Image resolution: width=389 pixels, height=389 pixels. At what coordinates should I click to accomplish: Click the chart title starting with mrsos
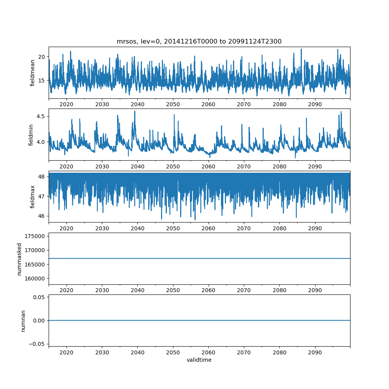coord(199,41)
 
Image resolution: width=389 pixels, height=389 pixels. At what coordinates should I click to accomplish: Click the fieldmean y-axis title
coord(33,73)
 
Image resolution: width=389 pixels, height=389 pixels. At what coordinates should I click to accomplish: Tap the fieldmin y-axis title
coord(31,135)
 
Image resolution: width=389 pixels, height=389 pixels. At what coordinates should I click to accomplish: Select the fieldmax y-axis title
coord(33,197)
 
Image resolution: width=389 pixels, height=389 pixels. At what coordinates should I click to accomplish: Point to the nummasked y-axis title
coord(19,259)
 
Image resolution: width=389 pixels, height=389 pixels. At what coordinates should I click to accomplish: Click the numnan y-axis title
coord(23,321)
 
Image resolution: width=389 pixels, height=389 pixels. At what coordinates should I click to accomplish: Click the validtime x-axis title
coord(199,360)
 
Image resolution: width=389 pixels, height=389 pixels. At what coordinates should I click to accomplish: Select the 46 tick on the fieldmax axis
coord(41,216)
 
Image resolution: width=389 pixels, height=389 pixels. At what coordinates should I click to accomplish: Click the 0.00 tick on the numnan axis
coord(38,321)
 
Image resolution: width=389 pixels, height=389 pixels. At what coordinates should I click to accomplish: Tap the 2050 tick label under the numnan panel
coord(173,353)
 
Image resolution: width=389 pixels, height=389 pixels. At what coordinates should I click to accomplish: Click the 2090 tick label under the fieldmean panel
coord(315,105)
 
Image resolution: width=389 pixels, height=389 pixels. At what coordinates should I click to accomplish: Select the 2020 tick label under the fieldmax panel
coord(67,229)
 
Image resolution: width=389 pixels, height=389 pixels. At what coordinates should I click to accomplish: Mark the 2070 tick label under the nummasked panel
coord(244,291)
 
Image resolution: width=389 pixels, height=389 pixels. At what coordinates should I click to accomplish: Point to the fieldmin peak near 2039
coord(135,111)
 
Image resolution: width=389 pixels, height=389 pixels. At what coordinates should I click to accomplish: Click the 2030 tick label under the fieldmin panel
coord(102,167)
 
